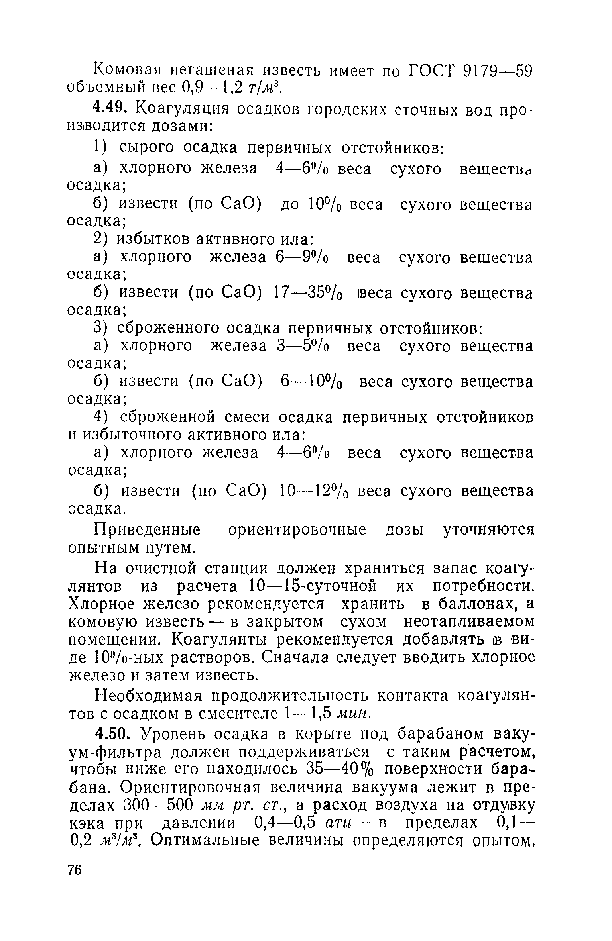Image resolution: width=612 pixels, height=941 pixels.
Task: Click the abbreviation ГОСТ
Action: click(x=432, y=71)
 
